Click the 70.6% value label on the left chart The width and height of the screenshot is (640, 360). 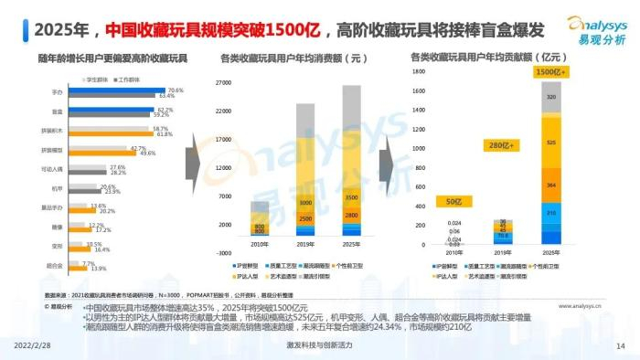coord(176,90)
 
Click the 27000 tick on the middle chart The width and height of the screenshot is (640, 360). coord(222,83)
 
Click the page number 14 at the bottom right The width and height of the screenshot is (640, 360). coord(620,345)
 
